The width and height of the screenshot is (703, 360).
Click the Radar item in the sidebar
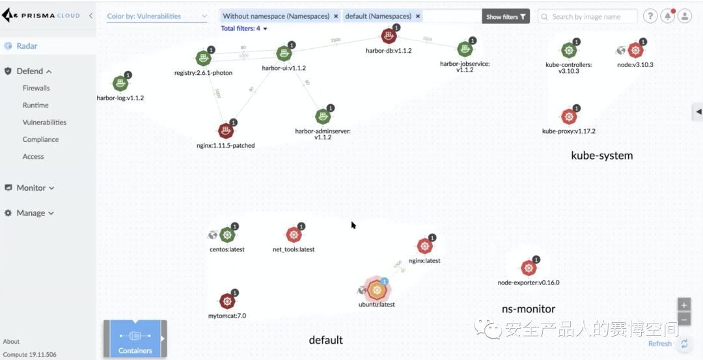(27, 46)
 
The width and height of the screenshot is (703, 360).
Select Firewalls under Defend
(36, 88)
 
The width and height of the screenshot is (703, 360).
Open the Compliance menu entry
(40, 139)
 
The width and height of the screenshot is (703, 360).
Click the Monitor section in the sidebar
(31, 187)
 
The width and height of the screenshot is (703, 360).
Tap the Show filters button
(506, 17)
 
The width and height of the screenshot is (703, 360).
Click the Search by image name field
(589, 17)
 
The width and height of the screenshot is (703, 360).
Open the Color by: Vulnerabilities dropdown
(157, 16)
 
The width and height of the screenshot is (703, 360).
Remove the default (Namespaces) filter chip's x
(418, 16)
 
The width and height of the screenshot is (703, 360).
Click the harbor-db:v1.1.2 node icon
(389, 36)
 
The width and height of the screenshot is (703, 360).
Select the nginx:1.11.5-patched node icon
(225, 131)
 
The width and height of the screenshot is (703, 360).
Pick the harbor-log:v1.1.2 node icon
(120, 83)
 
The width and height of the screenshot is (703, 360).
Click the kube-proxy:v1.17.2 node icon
(569, 116)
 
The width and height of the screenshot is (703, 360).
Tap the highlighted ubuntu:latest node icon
(376, 290)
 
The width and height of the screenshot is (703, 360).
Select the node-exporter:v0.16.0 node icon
(528, 268)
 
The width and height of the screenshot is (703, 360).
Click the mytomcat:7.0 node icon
(227, 301)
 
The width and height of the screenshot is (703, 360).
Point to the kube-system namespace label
(601, 156)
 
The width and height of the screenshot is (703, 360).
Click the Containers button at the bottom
(135, 339)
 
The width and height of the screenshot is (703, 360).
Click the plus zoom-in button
(683, 305)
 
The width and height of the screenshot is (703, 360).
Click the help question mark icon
(650, 16)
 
